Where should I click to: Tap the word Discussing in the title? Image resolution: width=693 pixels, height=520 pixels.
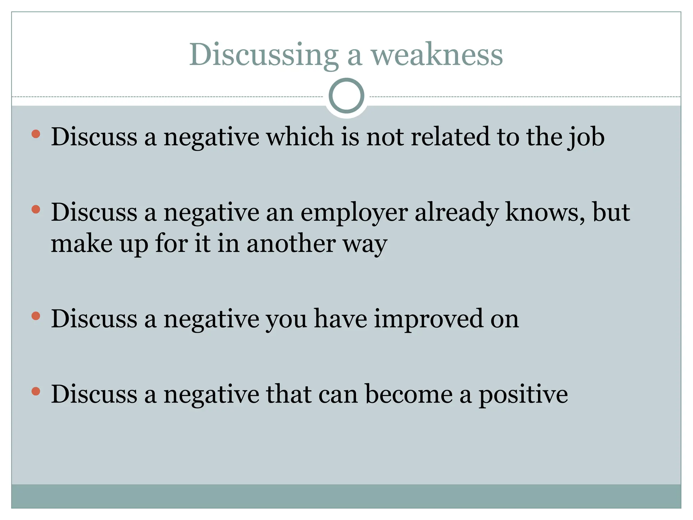(x=264, y=55)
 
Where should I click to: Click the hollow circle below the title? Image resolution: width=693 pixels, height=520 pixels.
(x=346, y=96)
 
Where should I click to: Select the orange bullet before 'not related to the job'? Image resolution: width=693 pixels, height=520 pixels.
(x=36, y=134)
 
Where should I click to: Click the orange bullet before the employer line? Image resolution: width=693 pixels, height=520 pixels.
(x=36, y=210)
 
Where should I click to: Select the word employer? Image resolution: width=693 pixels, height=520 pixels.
(x=354, y=213)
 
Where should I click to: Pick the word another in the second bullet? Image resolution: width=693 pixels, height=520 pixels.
(x=291, y=243)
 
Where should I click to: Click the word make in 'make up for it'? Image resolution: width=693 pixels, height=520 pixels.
(x=82, y=243)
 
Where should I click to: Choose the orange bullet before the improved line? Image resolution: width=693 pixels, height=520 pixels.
(x=36, y=316)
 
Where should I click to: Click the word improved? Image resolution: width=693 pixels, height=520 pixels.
(x=428, y=319)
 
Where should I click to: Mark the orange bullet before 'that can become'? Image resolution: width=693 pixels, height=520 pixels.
(x=36, y=392)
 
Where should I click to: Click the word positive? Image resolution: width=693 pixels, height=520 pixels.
(x=523, y=395)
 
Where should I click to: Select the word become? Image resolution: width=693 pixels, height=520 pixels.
(x=409, y=394)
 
